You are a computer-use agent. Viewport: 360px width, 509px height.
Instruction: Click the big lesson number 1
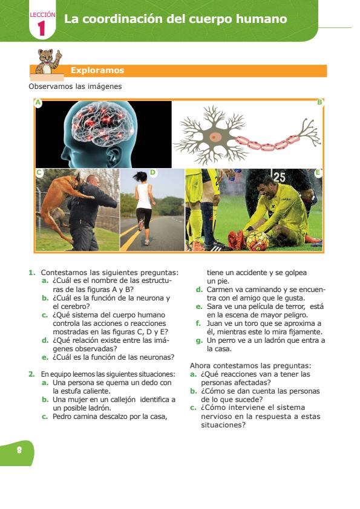[41, 28]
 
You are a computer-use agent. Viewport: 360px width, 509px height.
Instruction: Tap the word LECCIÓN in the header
[42, 15]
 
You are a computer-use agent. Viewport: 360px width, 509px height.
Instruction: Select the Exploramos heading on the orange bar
[97, 71]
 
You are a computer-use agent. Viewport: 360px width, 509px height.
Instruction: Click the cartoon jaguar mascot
[48, 61]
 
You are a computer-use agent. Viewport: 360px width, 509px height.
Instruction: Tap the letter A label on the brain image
[38, 103]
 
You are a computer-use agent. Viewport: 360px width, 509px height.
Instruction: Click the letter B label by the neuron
[319, 103]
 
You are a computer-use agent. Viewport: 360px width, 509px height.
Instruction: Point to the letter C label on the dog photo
[39, 172]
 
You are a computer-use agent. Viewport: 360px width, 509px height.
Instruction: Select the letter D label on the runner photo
[152, 172]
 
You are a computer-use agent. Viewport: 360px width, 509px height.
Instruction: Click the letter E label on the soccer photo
[318, 173]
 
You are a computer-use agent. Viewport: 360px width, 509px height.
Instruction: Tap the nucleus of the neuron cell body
[214, 137]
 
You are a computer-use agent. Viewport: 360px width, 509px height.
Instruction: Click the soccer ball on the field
[257, 241]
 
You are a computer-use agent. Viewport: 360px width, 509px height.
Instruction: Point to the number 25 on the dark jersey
[279, 178]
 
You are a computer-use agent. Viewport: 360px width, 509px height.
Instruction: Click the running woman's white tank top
[143, 196]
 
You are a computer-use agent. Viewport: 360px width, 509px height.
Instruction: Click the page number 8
[19, 450]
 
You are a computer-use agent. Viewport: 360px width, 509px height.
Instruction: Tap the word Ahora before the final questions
[200, 366]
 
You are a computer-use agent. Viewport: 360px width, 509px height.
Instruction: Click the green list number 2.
[31, 374]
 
